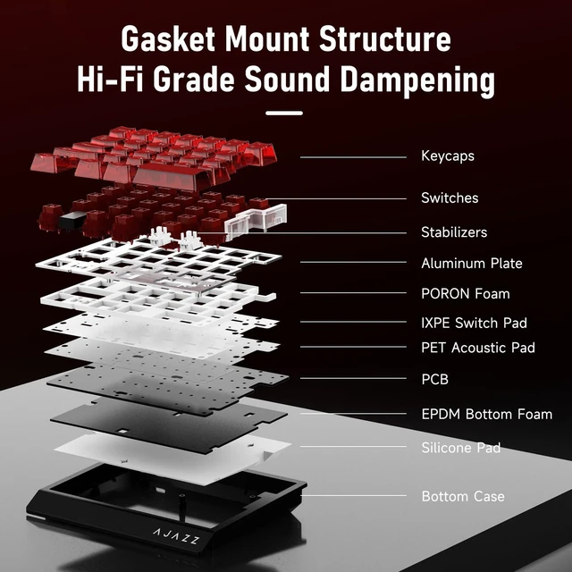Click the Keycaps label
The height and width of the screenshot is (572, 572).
pos(448,156)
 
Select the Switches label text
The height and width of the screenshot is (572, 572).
pos(450,198)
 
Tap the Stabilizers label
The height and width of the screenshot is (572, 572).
pos(454,232)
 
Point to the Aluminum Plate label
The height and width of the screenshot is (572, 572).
pos(472,263)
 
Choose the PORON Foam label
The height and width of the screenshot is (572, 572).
pos(465,294)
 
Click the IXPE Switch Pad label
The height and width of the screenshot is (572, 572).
pos(474,323)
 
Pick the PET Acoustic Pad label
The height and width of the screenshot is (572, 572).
pos(478,348)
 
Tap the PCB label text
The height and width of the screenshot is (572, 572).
pos(434,379)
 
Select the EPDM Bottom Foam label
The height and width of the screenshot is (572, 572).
pos(486,415)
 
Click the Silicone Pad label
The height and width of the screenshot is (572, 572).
pos(461,448)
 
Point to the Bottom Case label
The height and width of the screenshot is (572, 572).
pos(463,496)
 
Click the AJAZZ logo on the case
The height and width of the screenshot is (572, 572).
pos(176,536)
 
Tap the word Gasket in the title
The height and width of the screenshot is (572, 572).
pos(168,39)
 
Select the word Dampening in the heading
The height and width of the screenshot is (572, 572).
pos(417,80)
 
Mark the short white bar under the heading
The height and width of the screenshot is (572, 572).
pos(284,114)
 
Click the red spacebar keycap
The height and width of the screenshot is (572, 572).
pos(172,177)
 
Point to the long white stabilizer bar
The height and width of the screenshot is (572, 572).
pos(256,219)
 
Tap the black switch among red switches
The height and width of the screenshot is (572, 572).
pos(72,221)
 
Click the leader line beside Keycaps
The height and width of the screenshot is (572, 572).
pos(353,157)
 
